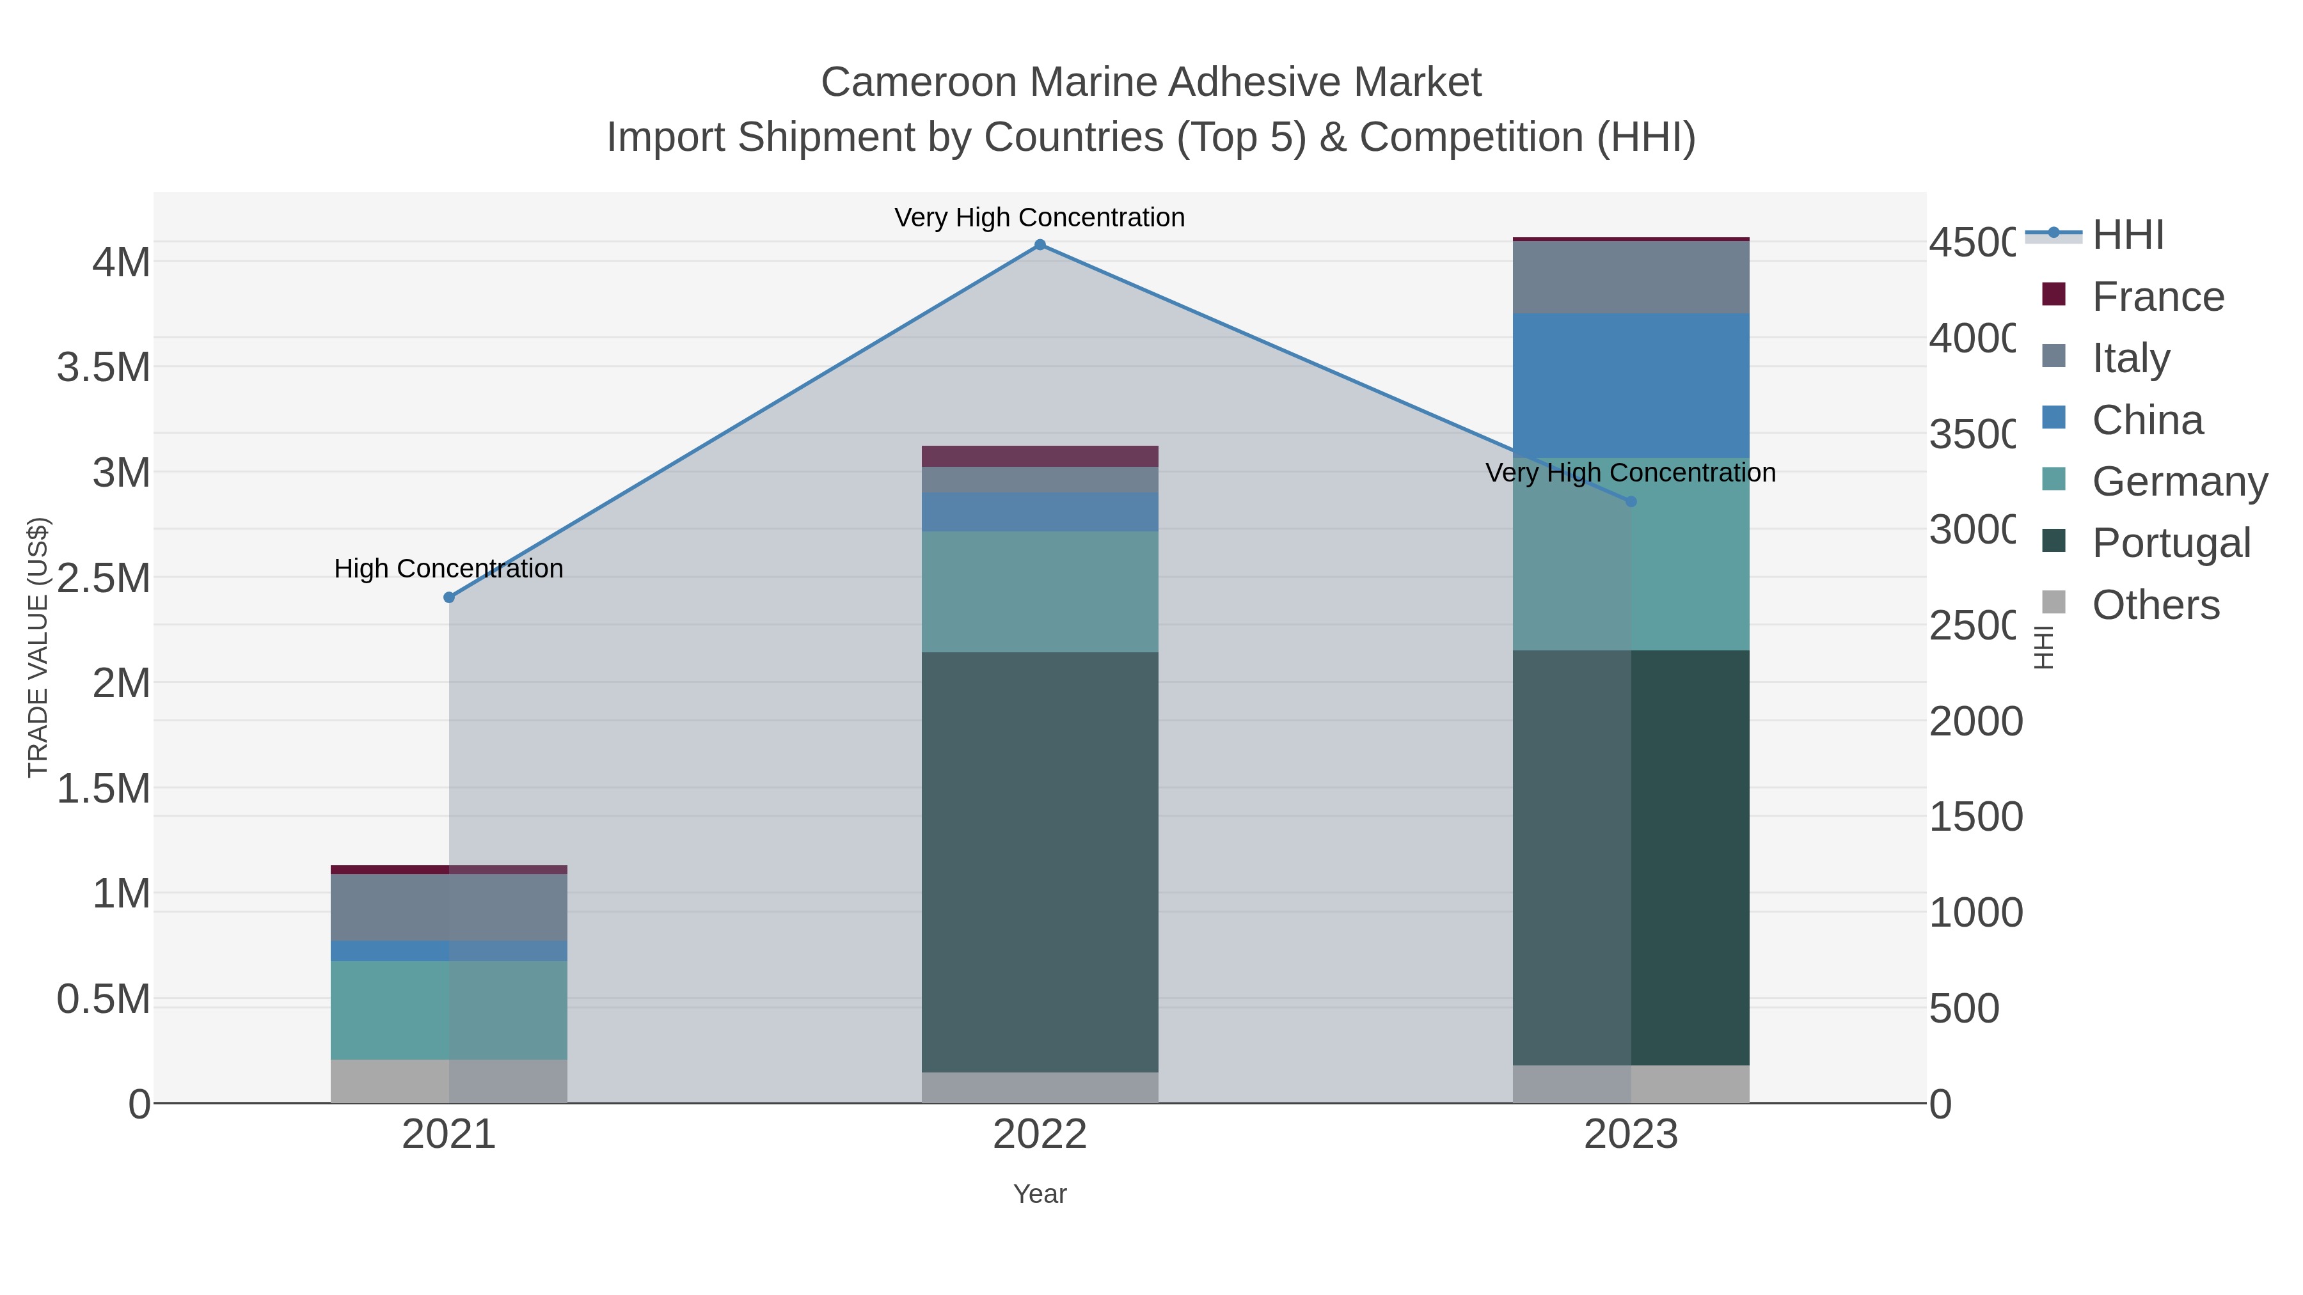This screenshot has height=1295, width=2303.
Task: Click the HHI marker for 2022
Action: tap(1040, 245)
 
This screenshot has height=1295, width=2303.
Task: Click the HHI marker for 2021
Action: tap(449, 597)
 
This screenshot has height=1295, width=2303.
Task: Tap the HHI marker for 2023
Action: tap(1631, 502)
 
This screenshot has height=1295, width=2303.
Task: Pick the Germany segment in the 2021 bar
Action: tap(449, 1010)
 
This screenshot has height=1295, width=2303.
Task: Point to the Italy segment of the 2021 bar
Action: tap(449, 907)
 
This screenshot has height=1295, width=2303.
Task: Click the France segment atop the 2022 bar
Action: tap(1040, 456)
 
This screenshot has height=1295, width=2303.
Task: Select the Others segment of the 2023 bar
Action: tap(1631, 1083)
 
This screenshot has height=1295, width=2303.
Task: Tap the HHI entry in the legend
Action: tap(2128, 235)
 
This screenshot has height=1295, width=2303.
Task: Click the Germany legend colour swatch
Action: tap(2054, 479)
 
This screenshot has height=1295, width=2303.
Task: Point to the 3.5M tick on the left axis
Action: tap(104, 367)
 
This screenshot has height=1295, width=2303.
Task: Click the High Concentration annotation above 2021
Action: tap(449, 569)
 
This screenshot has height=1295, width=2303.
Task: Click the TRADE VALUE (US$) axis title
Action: tap(38, 647)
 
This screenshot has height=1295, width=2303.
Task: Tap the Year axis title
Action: tap(1040, 1194)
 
